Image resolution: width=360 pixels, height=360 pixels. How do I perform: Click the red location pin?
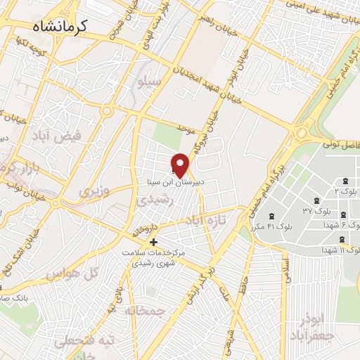[181, 165]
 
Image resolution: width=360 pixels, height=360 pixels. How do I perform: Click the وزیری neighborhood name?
[94, 191]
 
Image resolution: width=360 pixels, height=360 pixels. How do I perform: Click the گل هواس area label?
[70, 273]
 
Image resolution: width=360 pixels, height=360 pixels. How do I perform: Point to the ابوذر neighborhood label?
[313, 319]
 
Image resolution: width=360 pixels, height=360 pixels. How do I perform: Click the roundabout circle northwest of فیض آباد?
[108, 111]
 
